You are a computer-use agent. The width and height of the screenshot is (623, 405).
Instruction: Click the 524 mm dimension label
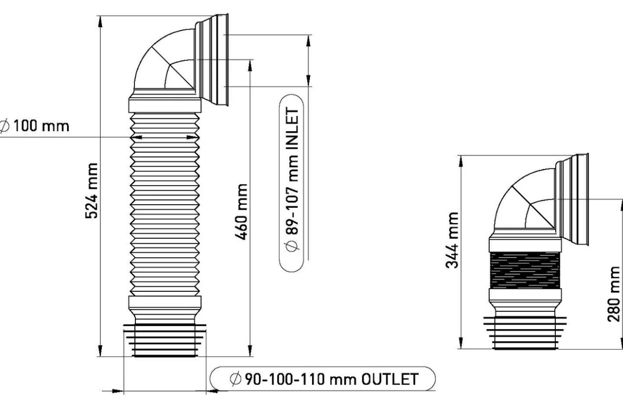click(x=92, y=191)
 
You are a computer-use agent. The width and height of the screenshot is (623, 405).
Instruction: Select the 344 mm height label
click(x=452, y=240)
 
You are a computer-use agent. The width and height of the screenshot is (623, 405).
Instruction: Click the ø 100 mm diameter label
click(x=35, y=126)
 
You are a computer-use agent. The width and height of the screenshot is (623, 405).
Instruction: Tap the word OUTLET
click(x=390, y=379)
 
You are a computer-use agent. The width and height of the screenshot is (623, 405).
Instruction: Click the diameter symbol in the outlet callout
click(x=235, y=379)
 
